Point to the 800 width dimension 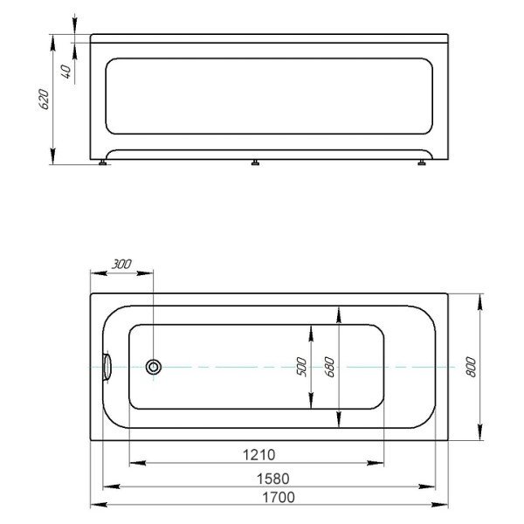[x=472, y=368]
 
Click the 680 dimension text [x=329, y=368]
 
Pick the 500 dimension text [x=302, y=368]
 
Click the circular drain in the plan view [x=154, y=368]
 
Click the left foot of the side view [x=107, y=162]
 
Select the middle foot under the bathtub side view [x=255, y=162]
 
